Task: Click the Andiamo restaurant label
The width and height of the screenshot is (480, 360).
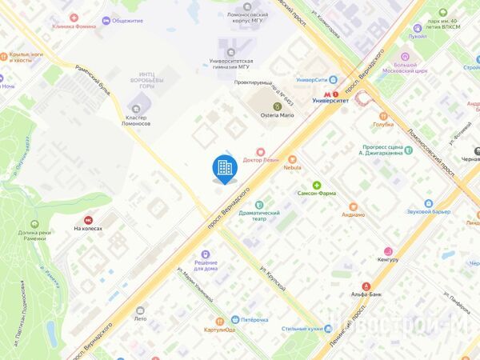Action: pos(353,214)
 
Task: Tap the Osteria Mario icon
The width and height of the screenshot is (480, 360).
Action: pos(278,106)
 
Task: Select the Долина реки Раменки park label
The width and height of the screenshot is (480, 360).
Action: pos(34,236)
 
